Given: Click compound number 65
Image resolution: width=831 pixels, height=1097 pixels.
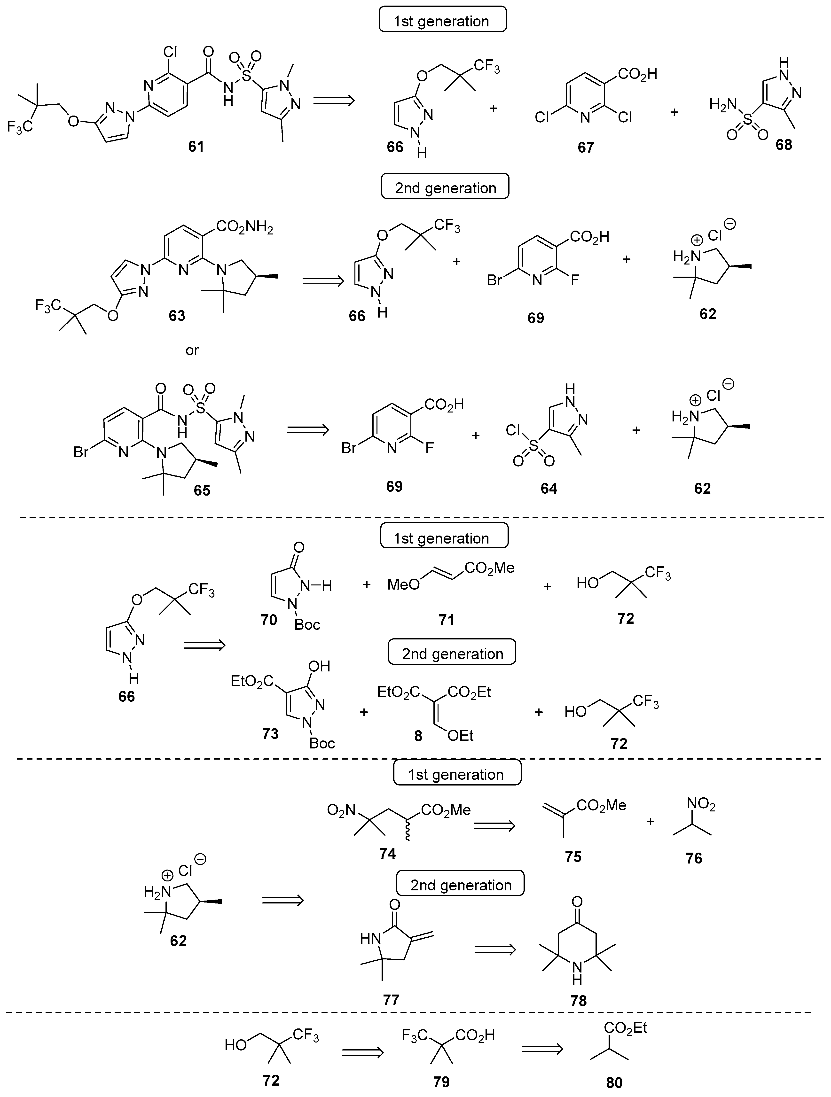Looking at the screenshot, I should point(202,490).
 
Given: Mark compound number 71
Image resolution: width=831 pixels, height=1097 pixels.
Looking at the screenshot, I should point(447,619).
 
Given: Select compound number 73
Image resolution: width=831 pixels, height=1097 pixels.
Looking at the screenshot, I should point(270,733).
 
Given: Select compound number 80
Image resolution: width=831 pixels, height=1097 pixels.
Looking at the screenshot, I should point(614,1083).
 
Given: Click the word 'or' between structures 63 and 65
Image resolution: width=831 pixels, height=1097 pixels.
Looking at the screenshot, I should point(192,350).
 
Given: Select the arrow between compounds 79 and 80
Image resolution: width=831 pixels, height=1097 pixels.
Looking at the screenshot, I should point(542,1048).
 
